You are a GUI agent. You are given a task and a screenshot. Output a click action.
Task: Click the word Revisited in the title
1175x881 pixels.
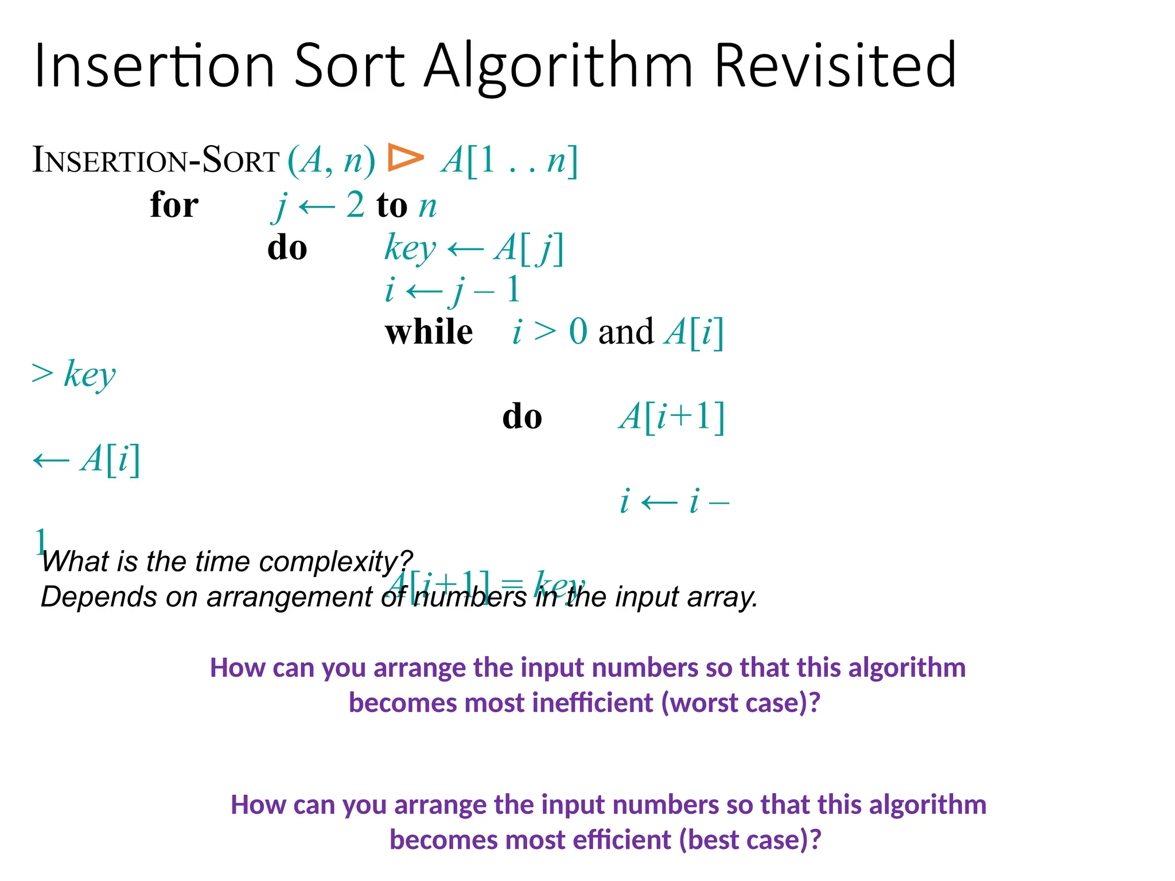[x=835, y=66]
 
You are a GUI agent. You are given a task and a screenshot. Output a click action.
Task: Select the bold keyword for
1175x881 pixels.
[x=174, y=205]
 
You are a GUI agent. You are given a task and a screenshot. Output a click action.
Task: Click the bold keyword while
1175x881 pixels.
[x=429, y=332]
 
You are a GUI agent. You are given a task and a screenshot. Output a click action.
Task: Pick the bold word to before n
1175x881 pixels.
[x=392, y=205]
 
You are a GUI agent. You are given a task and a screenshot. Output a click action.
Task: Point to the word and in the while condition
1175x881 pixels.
[x=625, y=332]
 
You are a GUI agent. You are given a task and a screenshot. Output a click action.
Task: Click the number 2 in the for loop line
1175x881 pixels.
[x=355, y=205]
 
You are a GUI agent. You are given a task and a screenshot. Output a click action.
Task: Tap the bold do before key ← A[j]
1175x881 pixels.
[x=287, y=248]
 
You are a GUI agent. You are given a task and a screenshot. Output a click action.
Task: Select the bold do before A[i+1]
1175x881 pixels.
[x=522, y=416]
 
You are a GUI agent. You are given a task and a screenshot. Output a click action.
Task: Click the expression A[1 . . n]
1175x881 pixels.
[x=509, y=161]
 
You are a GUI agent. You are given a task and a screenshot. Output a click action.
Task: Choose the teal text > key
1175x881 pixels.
[x=73, y=375]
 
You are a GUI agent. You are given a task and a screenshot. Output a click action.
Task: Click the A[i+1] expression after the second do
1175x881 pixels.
[x=672, y=416]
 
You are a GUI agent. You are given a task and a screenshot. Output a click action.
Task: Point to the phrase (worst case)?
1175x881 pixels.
[x=741, y=703]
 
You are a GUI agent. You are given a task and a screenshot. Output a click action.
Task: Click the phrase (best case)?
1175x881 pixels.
[x=750, y=840]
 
